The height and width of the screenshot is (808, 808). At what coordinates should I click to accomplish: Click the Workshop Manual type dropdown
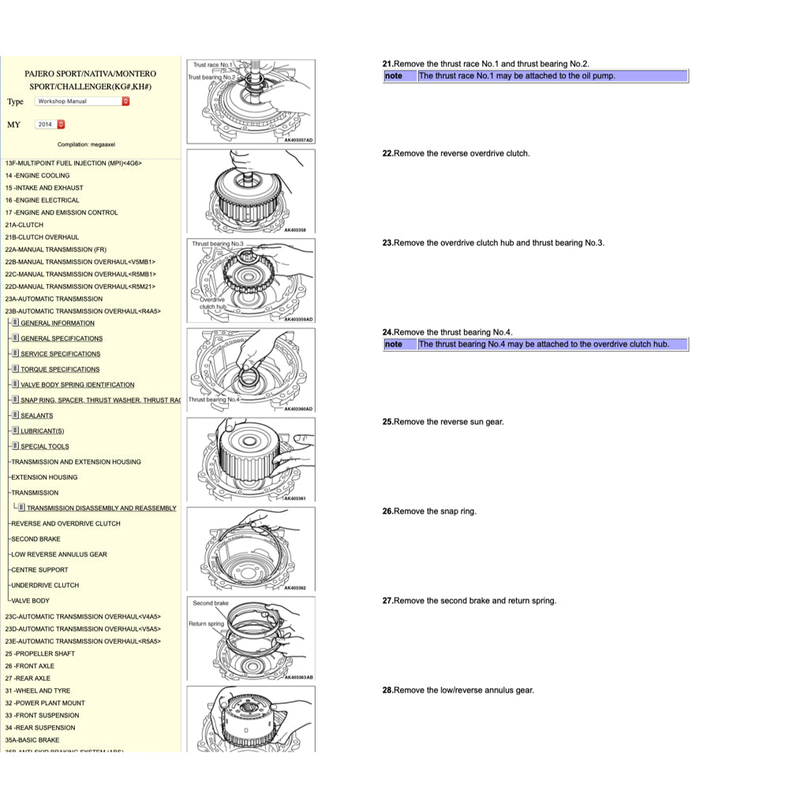coord(81,101)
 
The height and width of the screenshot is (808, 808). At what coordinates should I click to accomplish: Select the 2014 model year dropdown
coord(50,124)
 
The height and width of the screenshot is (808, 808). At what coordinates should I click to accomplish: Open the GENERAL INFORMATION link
coord(57,324)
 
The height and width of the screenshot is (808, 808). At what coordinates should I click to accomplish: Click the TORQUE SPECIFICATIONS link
coord(60,369)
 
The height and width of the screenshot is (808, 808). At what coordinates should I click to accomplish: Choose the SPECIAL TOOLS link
coord(44,447)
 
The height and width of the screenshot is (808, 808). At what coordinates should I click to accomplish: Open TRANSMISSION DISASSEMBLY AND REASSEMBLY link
coord(101,508)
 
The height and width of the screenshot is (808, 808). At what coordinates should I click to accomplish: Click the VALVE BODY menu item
coord(30,601)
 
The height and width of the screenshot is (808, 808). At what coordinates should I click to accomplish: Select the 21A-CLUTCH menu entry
coord(24,225)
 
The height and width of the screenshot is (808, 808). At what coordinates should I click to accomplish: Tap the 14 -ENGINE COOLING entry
coord(37,176)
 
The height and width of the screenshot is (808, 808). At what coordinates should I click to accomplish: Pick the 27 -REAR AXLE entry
coord(28,679)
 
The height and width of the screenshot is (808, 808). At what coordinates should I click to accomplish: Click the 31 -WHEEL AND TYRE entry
coord(37,691)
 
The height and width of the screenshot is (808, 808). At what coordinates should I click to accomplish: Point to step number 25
coord(387,422)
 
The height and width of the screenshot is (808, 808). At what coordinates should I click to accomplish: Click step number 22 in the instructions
coord(387,154)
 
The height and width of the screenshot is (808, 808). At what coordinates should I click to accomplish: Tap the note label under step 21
coord(394,77)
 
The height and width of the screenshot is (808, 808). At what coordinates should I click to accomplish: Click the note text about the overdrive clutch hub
coord(544,345)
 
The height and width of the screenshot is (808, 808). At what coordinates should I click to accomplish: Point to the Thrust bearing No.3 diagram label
coord(218,245)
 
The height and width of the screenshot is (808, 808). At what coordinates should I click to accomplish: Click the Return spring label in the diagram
coord(206,624)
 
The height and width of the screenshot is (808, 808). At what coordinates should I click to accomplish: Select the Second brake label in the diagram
coord(211,604)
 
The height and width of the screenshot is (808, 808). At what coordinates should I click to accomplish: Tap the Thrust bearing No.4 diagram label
coord(214,400)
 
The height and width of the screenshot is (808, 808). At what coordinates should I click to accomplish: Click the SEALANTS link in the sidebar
coord(36,416)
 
